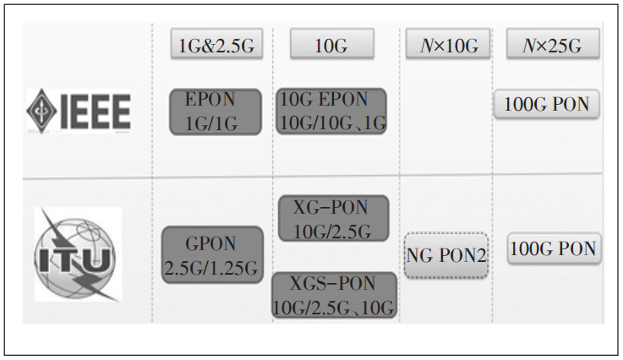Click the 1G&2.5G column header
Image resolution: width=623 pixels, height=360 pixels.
(216, 44)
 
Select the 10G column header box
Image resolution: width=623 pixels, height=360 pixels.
(331, 44)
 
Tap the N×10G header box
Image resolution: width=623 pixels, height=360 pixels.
(448, 44)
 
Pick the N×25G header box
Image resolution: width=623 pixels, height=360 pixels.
(553, 44)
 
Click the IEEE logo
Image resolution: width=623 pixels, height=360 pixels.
(79, 111)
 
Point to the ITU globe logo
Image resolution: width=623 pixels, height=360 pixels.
(78, 254)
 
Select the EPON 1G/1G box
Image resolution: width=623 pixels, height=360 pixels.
(216, 112)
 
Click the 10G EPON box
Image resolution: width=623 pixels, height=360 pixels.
(331, 112)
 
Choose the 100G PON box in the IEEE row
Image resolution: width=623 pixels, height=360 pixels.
(547, 104)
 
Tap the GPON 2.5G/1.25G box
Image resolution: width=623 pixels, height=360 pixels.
(212, 254)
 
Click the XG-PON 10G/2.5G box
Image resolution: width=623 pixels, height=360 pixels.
(333, 218)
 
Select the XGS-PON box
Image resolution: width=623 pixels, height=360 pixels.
(334, 295)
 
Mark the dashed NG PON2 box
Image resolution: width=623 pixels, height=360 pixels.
(445, 255)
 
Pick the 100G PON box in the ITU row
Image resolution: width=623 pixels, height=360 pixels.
(554, 248)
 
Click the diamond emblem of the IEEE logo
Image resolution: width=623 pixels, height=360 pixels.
(41, 111)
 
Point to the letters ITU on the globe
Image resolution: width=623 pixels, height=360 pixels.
(73, 260)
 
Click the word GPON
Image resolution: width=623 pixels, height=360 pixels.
(210, 243)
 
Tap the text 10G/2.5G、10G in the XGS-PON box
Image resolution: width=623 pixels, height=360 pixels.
(333, 308)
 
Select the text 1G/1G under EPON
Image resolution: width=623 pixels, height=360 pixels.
(211, 124)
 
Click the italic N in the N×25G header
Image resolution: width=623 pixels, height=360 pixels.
(529, 46)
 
